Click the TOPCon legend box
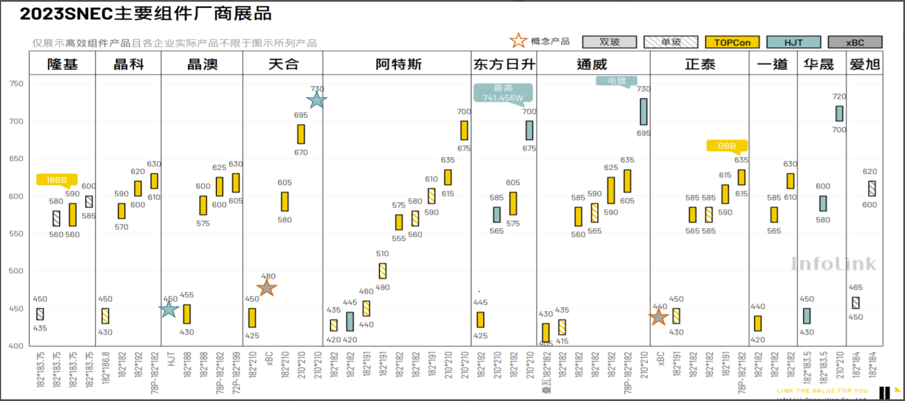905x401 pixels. coord(732,42)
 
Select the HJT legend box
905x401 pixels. coord(793,42)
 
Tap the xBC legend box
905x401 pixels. coord(854,42)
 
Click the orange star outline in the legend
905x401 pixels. coord(518,40)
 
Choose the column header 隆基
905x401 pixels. coord(62,64)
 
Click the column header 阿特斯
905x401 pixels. coord(398,64)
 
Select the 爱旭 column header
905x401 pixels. coord(865,64)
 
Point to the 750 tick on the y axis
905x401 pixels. coord(16,83)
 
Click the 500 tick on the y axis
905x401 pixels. coord(16,271)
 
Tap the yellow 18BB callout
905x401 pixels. coord(57,180)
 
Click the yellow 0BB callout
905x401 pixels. coord(727,146)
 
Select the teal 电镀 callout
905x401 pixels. coord(616,81)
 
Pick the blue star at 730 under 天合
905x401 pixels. coord(317,100)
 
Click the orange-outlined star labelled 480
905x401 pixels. coord(267,287)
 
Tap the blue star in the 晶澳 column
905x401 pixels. coord(169,309)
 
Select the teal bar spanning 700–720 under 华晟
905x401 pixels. coord(839,114)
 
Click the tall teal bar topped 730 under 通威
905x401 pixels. coord(643,111)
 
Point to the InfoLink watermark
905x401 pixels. coord(833,264)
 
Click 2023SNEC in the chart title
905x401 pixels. coord(66,13)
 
